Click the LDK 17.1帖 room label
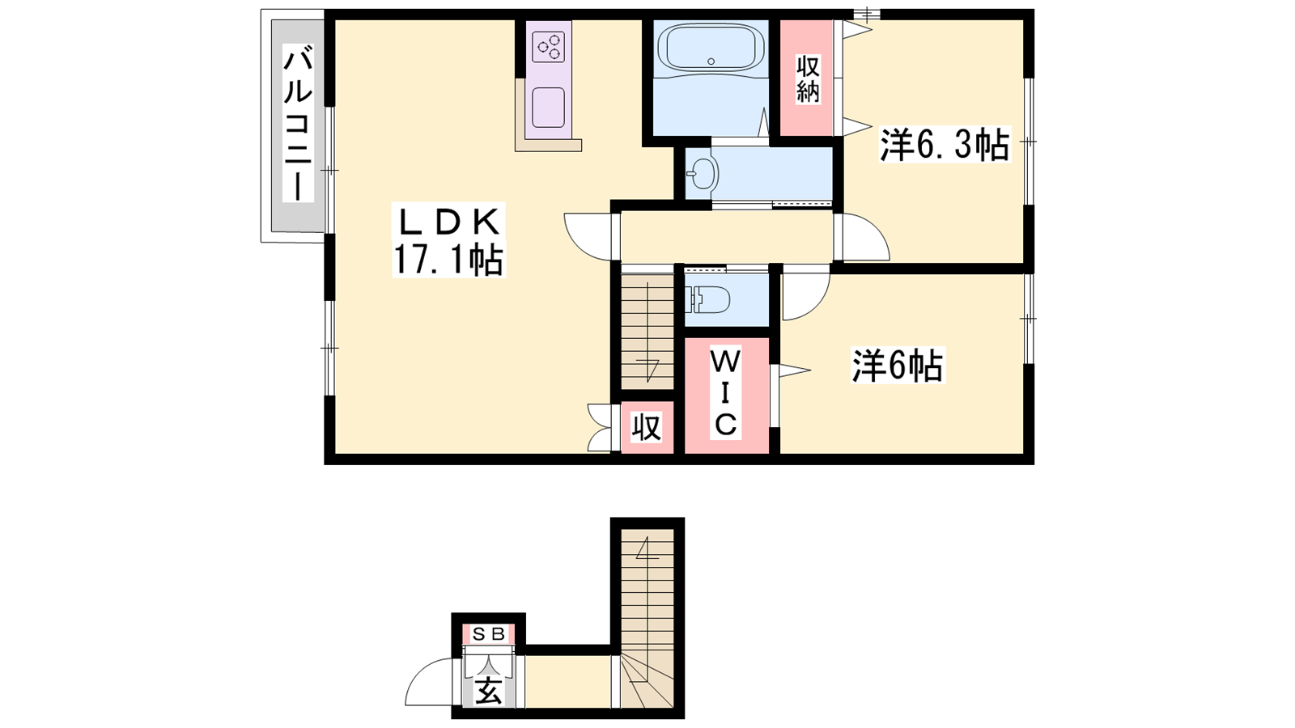coord(448,239)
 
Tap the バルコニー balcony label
coord(299,125)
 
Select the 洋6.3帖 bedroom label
coord(945,145)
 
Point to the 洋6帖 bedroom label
coord(898,365)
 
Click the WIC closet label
coord(725,393)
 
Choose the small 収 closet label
coord(646,428)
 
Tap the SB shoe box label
coord(489,634)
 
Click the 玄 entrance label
coord(489,691)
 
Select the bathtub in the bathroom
coord(711,48)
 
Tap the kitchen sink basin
coord(548,108)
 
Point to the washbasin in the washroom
coord(702,173)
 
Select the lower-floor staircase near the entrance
coord(647,618)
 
